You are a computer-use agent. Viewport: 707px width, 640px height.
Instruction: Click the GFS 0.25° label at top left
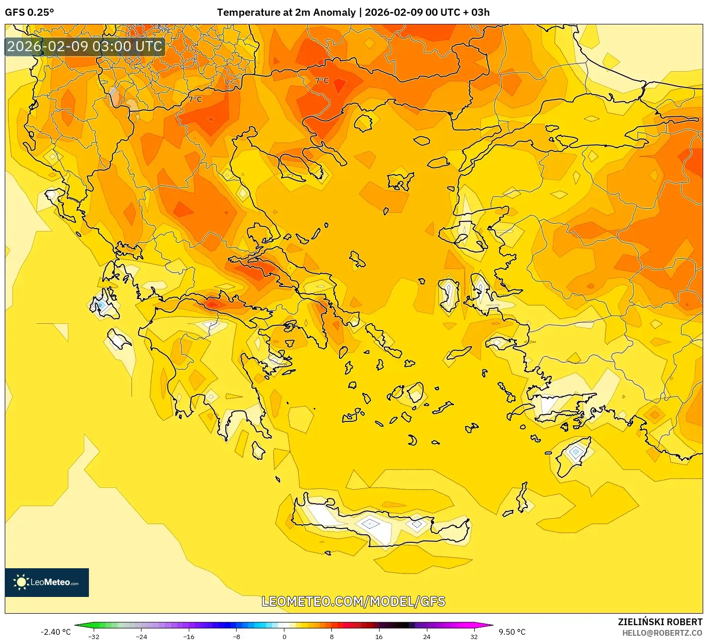(x=29, y=12)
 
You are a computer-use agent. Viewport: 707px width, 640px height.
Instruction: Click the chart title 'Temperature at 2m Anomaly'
(x=286, y=12)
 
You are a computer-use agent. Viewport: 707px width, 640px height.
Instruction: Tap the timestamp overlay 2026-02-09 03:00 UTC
(x=85, y=46)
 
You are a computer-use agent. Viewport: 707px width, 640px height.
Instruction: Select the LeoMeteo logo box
(x=47, y=582)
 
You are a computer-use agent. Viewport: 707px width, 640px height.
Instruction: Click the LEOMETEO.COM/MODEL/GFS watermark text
(x=353, y=601)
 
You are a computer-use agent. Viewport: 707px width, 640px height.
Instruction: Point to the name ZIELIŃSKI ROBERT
(x=660, y=622)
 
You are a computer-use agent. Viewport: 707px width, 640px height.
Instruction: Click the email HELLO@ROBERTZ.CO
(x=662, y=633)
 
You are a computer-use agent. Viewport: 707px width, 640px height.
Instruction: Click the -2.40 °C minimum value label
(x=55, y=632)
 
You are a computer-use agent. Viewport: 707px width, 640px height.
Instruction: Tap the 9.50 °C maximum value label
(x=512, y=632)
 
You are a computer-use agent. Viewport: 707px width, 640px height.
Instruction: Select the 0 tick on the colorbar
(x=284, y=636)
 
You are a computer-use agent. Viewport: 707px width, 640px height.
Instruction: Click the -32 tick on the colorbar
(x=94, y=636)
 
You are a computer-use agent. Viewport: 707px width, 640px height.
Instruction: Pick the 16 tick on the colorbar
(x=379, y=636)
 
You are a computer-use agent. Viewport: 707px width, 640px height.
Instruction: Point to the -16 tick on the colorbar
(x=189, y=636)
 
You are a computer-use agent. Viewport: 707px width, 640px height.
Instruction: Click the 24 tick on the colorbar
(x=426, y=636)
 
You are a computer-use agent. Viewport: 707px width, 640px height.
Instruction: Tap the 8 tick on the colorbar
(x=331, y=636)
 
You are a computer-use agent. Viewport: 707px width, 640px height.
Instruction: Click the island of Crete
(x=382, y=524)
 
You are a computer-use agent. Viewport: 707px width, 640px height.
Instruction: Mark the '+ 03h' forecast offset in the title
(x=476, y=12)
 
